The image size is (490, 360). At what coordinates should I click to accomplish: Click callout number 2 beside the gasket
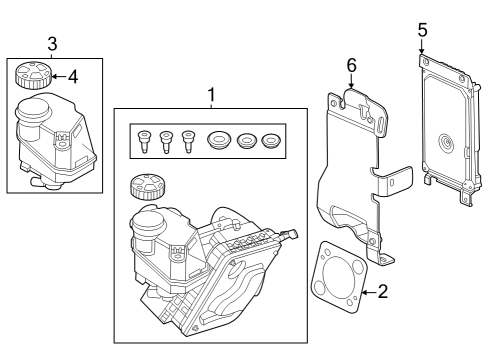[x=383, y=292]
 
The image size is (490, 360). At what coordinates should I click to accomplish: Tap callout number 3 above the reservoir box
[x=52, y=43]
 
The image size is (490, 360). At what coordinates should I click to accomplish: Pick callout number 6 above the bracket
[x=351, y=65]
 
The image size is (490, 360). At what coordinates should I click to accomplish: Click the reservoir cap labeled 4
[x=33, y=74]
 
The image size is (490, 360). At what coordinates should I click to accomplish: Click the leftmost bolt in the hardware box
[x=145, y=142]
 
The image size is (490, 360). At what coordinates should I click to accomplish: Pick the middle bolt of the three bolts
[x=165, y=142]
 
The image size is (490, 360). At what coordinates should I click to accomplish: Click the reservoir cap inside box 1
[x=146, y=187]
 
